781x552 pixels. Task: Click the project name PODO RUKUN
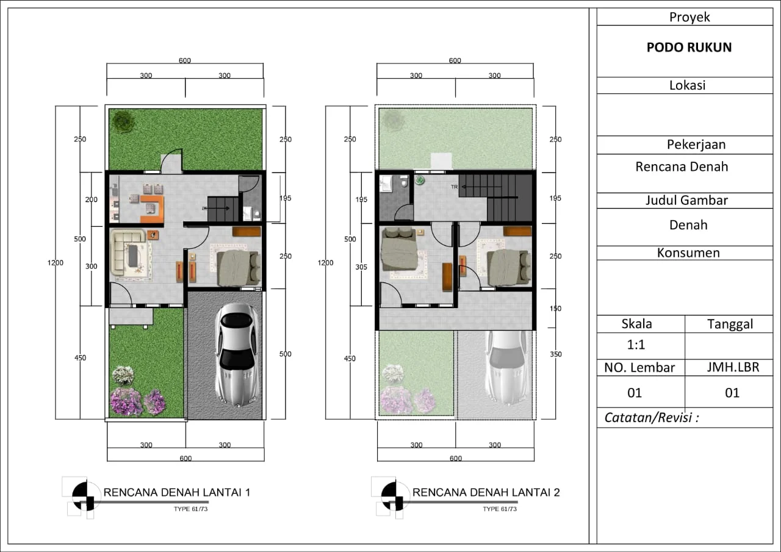pyautogui.click(x=689, y=48)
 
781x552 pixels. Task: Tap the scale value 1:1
pyautogui.click(x=636, y=345)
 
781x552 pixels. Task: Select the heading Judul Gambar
pyautogui.click(x=686, y=201)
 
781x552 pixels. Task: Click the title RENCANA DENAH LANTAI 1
pyautogui.click(x=177, y=492)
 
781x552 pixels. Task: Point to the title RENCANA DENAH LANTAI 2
pyautogui.click(x=486, y=492)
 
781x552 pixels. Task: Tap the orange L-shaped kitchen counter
pyautogui.click(x=153, y=209)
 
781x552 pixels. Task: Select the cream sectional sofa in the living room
pyautogui.click(x=127, y=252)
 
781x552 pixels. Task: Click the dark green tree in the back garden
pyautogui.click(x=123, y=121)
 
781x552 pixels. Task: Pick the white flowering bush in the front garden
pyautogui.click(x=123, y=375)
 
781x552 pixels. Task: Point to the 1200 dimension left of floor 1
pyautogui.click(x=56, y=263)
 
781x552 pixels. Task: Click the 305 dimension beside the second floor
pyautogui.click(x=361, y=267)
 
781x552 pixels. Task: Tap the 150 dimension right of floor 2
pyautogui.click(x=555, y=309)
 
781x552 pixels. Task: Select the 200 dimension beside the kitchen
pyautogui.click(x=92, y=199)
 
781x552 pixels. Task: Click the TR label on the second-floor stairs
pyautogui.click(x=454, y=187)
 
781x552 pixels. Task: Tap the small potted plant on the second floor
pyautogui.click(x=420, y=180)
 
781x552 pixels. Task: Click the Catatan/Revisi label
pyautogui.click(x=652, y=417)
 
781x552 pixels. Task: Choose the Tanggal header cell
pyautogui.click(x=730, y=324)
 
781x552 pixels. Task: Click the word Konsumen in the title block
pyautogui.click(x=688, y=253)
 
